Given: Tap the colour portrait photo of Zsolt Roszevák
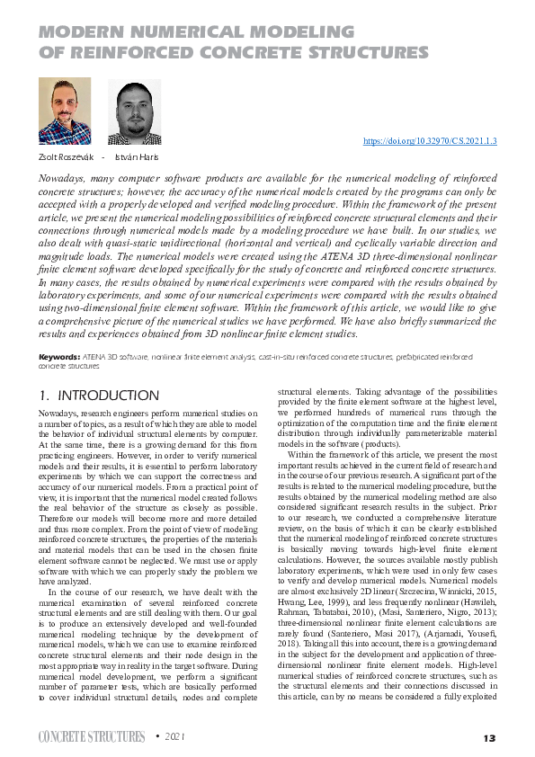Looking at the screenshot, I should (64, 111).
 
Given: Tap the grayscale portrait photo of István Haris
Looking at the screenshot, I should (134, 111).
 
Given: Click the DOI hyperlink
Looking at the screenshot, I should (430, 141).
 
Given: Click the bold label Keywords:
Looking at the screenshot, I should (58, 358).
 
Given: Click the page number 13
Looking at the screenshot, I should (488, 738).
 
